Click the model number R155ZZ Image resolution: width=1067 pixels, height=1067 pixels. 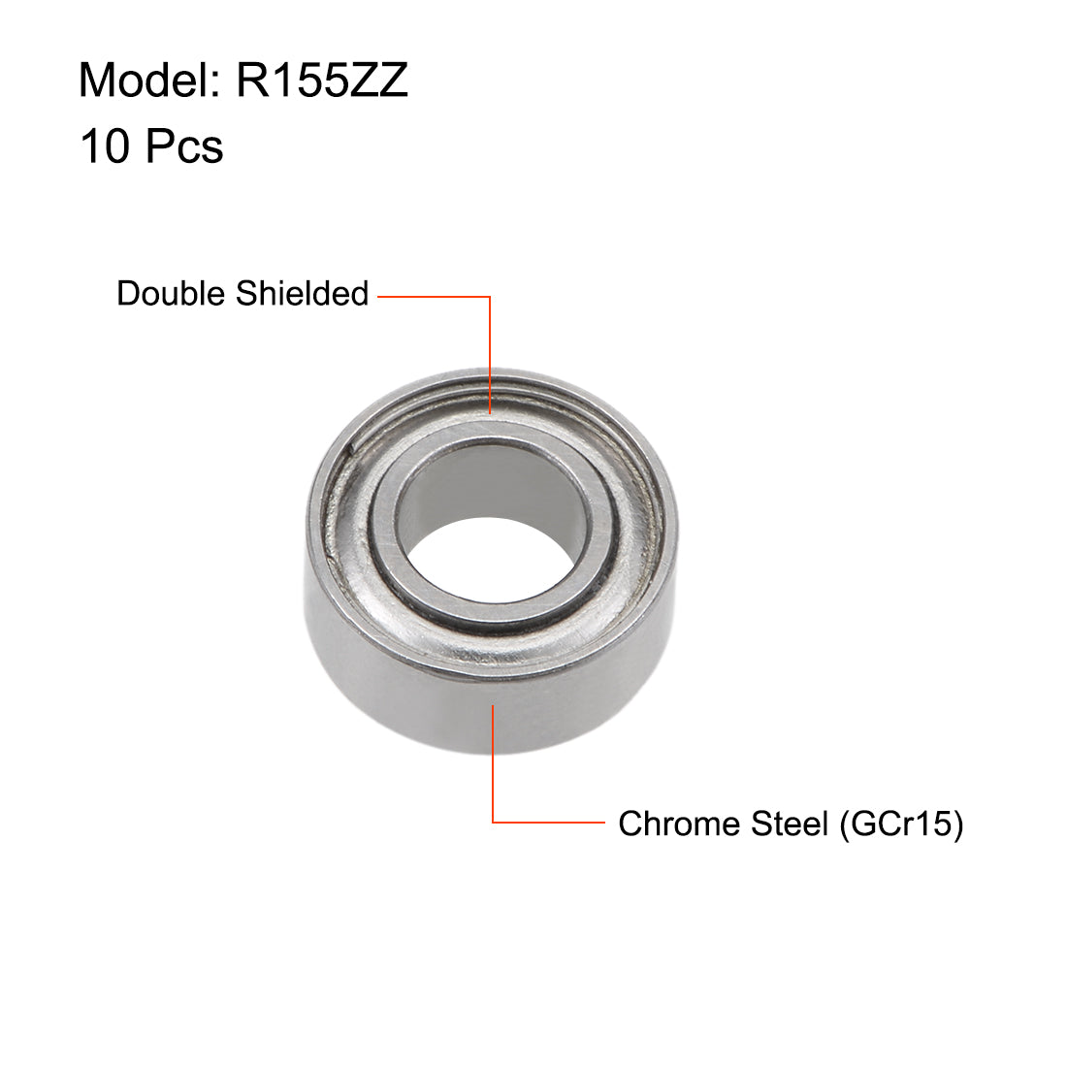point(321,80)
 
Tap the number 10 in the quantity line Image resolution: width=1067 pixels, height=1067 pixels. point(104,146)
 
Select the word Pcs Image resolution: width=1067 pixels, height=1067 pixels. point(184,146)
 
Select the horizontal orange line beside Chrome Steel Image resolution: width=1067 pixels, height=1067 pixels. point(548,823)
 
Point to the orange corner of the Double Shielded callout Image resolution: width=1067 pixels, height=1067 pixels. point(490,297)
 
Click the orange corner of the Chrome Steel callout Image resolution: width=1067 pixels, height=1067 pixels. point(494,823)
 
